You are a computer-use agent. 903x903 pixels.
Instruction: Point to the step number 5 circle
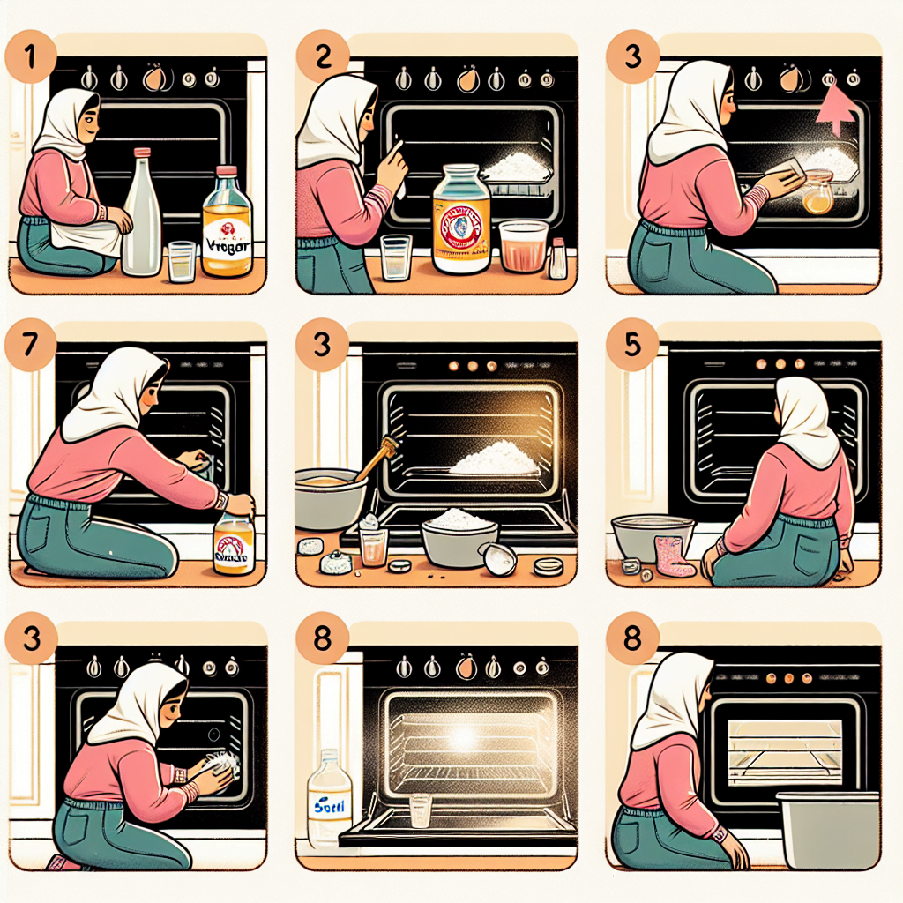632,345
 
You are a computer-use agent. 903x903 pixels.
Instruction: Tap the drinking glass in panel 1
182,261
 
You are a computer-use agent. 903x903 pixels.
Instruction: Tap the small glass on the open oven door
422,810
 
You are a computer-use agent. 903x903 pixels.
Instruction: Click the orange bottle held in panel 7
234,544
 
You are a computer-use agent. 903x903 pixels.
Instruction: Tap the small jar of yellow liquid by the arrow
817,194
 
